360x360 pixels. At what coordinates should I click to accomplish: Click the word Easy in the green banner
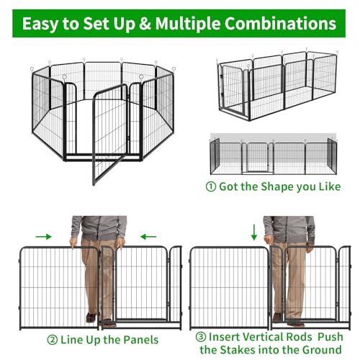[40, 24]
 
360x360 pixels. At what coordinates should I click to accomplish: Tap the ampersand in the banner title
[145, 24]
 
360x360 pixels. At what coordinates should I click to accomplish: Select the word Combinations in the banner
[280, 24]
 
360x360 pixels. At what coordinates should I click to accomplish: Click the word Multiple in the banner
[188, 24]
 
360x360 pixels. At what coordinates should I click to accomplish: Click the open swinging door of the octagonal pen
[110, 135]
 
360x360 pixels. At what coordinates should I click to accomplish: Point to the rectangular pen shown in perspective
[277, 85]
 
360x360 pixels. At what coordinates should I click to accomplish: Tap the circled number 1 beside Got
[211, 186]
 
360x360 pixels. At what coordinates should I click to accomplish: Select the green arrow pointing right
[43, 237]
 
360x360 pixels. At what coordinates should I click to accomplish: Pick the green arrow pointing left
[148, 237]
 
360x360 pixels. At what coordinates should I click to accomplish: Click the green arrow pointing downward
[254, 233]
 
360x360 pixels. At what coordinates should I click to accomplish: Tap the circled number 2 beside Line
[53, 340]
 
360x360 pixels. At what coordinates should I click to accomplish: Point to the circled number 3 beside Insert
[201, 337]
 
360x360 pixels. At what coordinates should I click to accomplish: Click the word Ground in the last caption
[322, 350]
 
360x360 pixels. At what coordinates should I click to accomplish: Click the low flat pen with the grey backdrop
[274, 155]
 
